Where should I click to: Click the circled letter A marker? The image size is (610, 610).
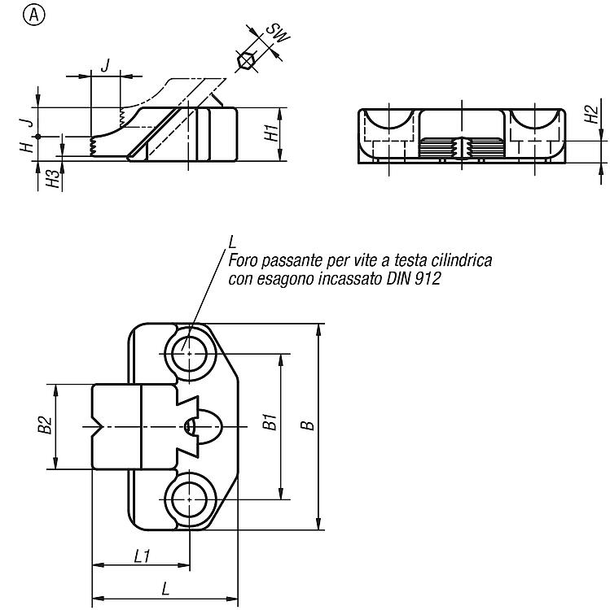tap(34, 15)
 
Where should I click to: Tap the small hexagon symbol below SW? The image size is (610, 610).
tap(246, 61)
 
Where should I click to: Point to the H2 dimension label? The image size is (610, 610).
tap(591, 115)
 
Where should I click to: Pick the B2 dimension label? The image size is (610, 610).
tap(45, 425)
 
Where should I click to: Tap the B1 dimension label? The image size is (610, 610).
tap(270, 422)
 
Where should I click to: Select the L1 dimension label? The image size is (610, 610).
tap(142, 556)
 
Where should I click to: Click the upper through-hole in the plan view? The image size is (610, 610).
tap(189, 354)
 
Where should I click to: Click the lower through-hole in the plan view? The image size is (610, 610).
tap(189, 499)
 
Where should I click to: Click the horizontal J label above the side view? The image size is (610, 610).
tap(105, 65)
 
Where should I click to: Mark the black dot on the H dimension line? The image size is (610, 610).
tap(37, 137)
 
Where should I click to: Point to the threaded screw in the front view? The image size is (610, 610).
tap(462, 148)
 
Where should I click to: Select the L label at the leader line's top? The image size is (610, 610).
tap(232, 242)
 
